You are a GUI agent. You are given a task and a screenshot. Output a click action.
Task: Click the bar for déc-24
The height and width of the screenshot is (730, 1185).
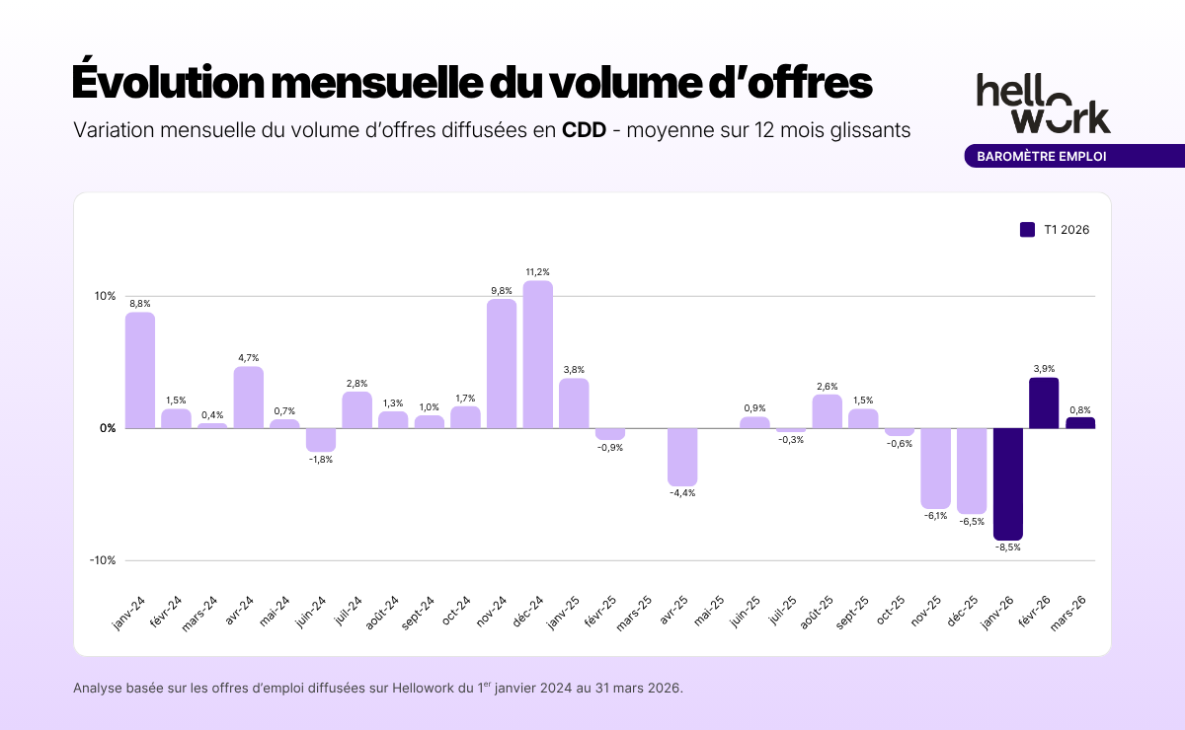point(537,354)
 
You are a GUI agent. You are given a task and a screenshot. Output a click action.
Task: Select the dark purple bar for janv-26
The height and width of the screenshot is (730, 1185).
point(1007,483)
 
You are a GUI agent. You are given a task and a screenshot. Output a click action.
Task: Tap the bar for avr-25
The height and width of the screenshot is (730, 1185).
point(682,457)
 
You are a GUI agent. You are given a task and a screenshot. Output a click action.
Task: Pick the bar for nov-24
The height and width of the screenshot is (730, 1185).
point(502,363)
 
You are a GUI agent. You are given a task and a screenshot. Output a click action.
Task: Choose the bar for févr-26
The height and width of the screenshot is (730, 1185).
point(1044,403)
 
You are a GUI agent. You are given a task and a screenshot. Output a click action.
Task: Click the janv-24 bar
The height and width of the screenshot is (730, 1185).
point(140,370)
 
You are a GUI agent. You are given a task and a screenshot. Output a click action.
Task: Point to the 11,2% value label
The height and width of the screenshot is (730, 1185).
point(537,272)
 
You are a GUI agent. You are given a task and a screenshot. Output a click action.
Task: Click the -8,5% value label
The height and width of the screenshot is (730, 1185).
point(1008,547)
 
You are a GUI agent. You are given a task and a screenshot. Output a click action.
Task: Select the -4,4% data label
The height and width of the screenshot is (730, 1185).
point(682,493)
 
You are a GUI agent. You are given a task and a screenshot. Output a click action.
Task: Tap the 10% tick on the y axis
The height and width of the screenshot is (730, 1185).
point(105,296)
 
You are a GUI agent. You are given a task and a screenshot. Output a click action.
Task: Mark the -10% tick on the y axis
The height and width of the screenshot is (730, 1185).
point(103,560)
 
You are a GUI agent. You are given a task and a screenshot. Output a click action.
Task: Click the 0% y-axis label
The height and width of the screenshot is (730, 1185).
point(107,428)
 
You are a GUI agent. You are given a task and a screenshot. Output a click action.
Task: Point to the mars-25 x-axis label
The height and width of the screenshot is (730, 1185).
point(634,614)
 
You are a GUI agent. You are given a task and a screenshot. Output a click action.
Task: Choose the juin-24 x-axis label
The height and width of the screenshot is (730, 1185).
point(309,616)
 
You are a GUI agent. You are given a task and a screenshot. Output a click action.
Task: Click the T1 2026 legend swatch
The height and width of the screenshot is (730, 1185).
point(1027,230)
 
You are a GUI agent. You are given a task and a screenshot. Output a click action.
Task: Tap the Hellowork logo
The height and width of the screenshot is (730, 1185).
point(1043,103)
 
